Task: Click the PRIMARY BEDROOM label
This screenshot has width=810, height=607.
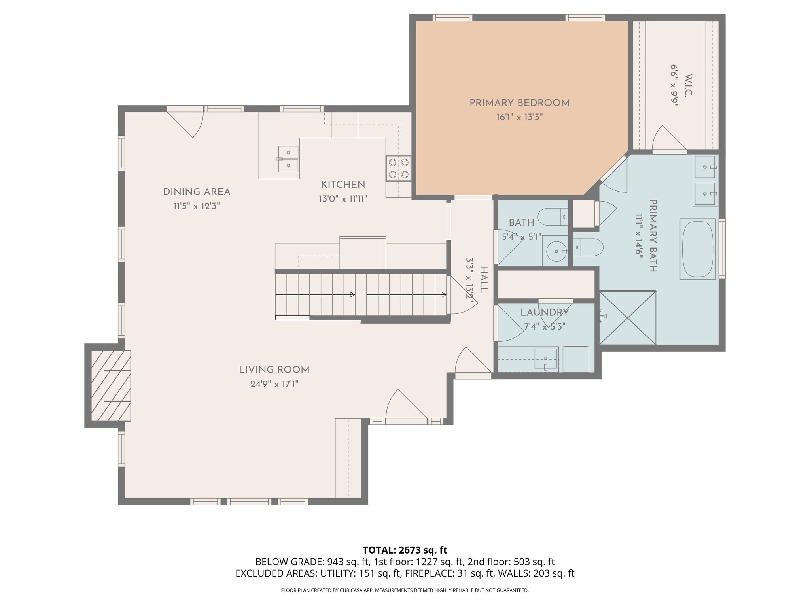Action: coord(519,103)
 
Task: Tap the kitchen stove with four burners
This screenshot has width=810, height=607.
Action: coord(399,168)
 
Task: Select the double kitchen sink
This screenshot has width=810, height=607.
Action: coord(288,159)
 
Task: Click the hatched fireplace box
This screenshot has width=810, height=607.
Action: coord(111,386)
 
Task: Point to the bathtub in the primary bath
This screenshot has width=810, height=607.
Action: coord(698,249)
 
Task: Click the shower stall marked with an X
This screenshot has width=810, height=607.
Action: coord(628,318)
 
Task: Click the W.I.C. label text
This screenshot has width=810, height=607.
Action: coord(688,85)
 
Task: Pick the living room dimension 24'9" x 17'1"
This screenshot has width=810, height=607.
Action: coord(274,384)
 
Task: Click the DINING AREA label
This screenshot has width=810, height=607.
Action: coord(197,192)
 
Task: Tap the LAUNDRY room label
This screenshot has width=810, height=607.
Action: coord(544,313)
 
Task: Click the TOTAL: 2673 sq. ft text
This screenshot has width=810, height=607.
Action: coord(405,550)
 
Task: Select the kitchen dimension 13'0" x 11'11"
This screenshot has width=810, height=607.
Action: coord(343,199)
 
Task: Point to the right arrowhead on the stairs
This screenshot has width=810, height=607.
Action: coord(444,295)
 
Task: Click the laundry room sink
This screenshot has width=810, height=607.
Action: coord(545,358)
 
